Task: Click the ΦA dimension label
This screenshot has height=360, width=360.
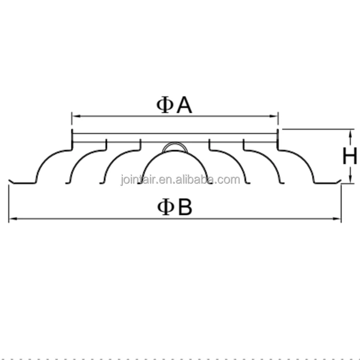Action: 174,105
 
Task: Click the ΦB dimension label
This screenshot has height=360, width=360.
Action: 175,207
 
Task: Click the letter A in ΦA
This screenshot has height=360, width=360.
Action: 184,105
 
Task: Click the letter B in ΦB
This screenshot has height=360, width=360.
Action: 185,207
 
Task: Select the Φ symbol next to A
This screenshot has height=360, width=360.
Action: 165,105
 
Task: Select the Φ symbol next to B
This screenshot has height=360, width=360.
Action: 165,207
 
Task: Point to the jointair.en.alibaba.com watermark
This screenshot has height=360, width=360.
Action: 180,180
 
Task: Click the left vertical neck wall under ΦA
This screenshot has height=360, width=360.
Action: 72,139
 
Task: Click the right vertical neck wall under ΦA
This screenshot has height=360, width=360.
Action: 278,139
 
